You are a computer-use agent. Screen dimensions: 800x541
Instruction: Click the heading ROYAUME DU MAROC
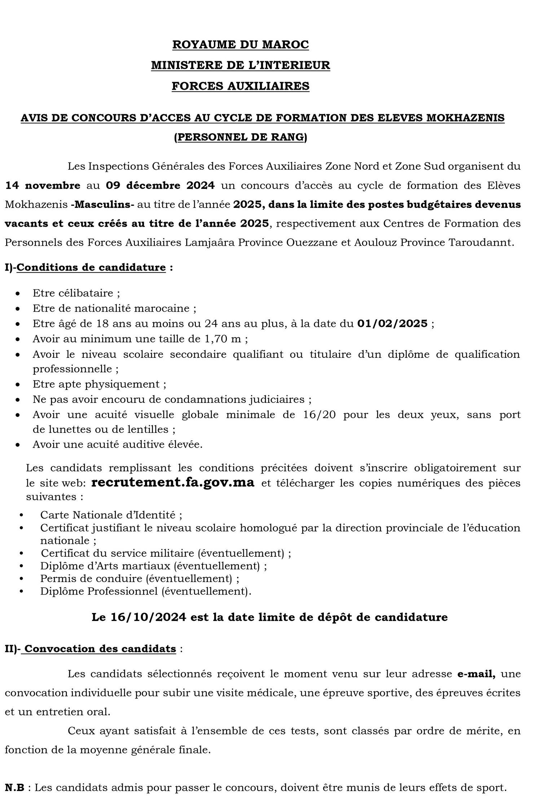point(241,45)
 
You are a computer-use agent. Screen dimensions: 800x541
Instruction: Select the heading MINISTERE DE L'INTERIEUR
point(241,65)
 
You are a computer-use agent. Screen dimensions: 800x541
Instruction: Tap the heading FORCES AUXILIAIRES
point(241,86)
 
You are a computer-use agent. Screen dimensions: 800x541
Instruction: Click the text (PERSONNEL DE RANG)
point(241,138)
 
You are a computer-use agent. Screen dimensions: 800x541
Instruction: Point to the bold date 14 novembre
point(43,186)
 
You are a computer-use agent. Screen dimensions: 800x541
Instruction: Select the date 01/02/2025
point(392,324)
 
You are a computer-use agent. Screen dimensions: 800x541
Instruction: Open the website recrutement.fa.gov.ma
point(173,483)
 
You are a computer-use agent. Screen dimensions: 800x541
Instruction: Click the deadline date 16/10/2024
point(149,617)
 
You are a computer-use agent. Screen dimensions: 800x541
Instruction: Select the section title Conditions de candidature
point(91,268)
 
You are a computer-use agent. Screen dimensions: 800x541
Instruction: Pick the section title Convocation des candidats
point(100,649)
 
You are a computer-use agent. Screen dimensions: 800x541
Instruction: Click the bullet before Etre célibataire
point(18,294)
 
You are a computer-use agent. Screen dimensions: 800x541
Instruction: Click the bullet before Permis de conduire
point(22,579)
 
